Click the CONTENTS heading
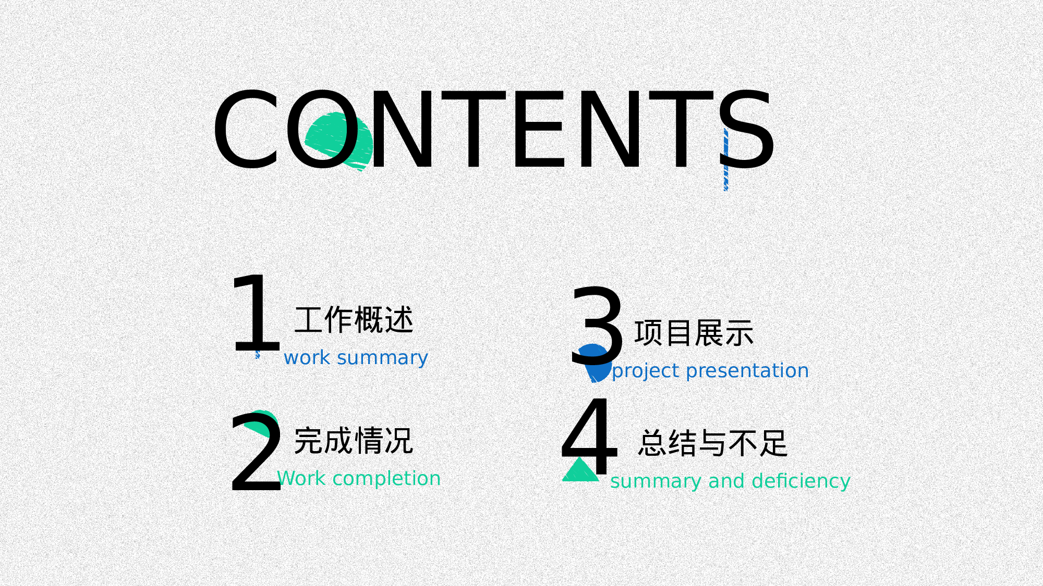point(493,130)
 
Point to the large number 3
point(597,326)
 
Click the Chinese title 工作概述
point(354,320)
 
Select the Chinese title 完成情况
point(354,441)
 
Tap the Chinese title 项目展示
point(694,333)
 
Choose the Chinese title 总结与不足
point(713,443)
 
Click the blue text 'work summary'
point(356,358)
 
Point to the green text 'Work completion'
point(359,479)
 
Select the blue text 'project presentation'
point(710,371)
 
